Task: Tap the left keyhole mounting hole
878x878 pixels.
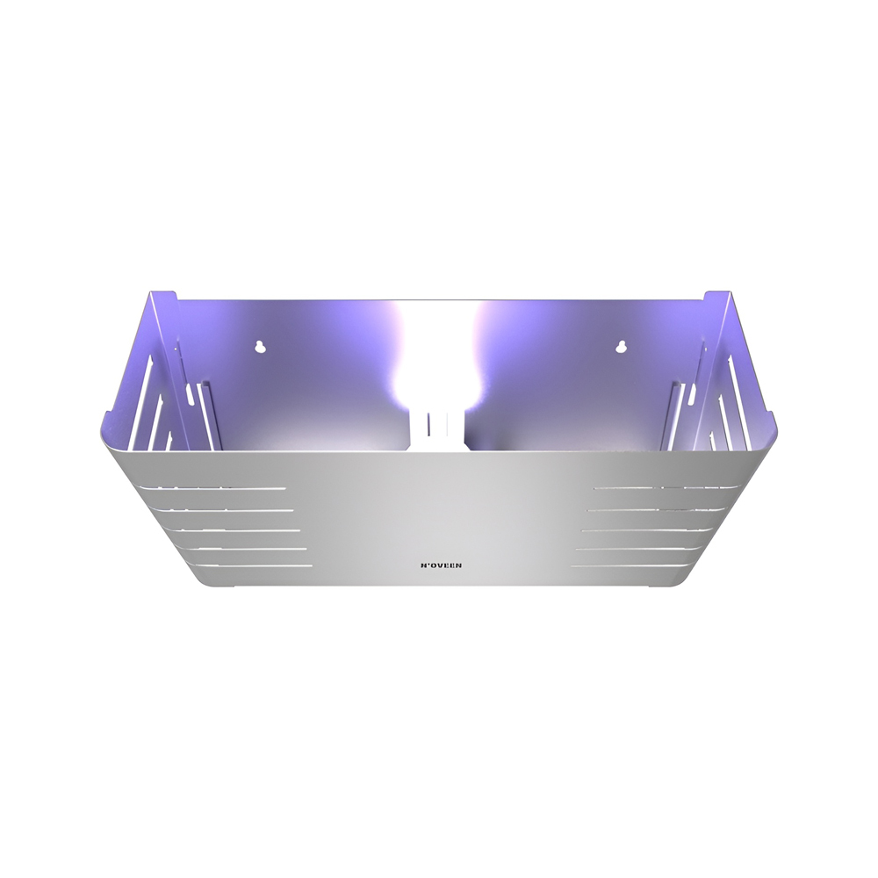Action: point(259,347)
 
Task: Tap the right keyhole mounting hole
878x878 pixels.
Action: point(621,346)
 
